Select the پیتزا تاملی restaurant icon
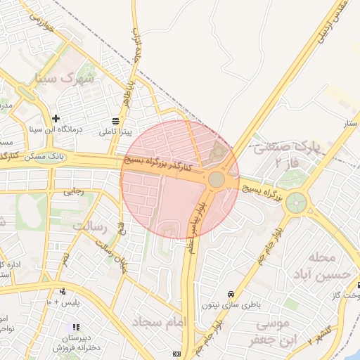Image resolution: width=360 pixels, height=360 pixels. click(116, 121)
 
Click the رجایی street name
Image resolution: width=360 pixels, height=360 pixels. click(74, 191)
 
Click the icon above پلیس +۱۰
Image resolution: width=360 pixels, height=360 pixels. click(63, 291)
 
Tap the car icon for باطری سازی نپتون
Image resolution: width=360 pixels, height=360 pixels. click(230, 294)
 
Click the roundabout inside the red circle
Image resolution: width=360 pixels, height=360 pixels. click(217, 180)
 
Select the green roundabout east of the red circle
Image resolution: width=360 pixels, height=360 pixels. click(296, 202)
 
